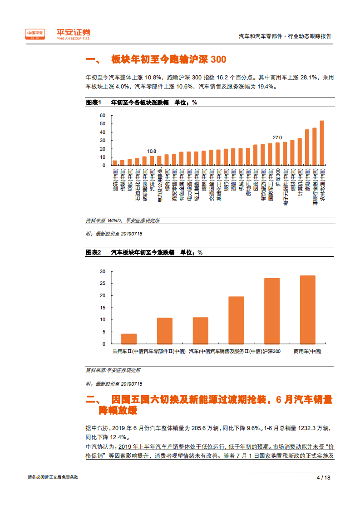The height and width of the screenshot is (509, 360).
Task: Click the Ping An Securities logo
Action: pos(58,34)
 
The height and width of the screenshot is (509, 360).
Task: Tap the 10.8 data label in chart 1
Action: pos(152,151)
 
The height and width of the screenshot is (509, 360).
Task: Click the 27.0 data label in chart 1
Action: pos(277,137)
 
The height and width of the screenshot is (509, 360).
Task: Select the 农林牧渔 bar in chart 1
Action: pos(322,143)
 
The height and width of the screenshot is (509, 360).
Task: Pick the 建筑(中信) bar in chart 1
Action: pos(115,163)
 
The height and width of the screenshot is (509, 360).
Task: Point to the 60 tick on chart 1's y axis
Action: pos(103,115)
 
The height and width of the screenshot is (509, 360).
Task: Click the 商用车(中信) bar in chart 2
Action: pos(307,310)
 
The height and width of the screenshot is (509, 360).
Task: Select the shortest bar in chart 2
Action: pos(129,339)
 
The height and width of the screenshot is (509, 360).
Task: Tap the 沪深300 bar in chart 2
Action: pos(272,311)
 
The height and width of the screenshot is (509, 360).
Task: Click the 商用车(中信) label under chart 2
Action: pos(307,351)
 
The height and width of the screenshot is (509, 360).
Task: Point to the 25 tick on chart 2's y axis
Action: pos(103,284)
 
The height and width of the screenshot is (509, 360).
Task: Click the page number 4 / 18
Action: pos(323,477)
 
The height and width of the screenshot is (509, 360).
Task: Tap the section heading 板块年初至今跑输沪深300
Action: pos(168,60)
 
